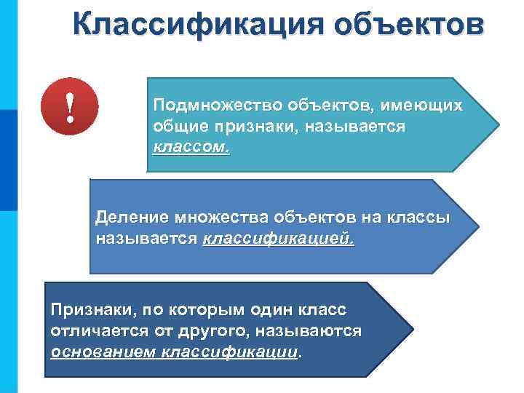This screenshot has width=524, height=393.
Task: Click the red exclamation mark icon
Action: tap(70, 108)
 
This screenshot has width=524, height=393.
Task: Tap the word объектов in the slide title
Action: tap(412, 23)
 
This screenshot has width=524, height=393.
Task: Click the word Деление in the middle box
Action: tap(130, 217)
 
